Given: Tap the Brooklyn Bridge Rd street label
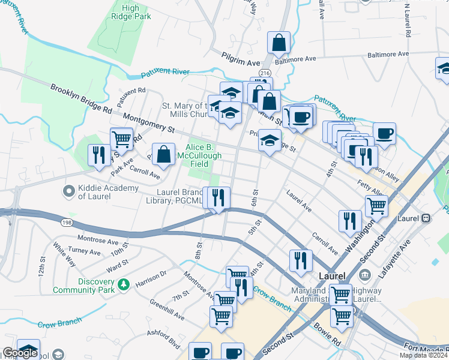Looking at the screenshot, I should pos(82,99).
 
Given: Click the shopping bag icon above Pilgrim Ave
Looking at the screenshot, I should pos(279,43).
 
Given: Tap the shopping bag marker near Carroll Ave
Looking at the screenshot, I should pos(163,154).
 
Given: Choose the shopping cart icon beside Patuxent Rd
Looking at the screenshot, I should pos(122,139).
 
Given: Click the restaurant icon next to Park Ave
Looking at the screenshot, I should pos(98,155).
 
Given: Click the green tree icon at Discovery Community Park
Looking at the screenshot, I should pos(124,283).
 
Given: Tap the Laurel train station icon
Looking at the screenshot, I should pos(426,217).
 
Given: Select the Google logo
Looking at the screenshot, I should pos(20,353).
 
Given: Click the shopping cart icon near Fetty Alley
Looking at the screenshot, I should pos(376,205).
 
